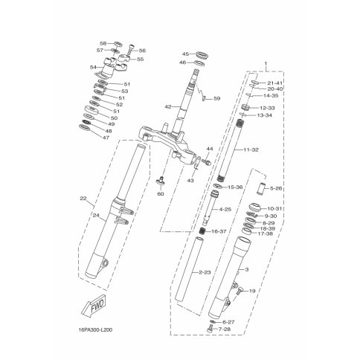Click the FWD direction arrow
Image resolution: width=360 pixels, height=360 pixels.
(94, 306)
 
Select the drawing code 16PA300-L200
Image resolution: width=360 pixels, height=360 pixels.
(95, 330)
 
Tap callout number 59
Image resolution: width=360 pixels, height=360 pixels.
(216, 99)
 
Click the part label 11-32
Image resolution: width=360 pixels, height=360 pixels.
(251, 150)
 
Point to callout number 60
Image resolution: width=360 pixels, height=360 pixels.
(161, 193)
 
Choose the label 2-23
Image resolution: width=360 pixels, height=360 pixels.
(205, 272)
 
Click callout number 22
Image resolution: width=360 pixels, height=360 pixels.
(83, 199)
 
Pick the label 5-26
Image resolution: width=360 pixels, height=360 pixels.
(276, 189)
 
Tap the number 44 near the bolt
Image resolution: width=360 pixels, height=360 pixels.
(210, 149)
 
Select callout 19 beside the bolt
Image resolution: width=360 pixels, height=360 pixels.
(252, 291)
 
